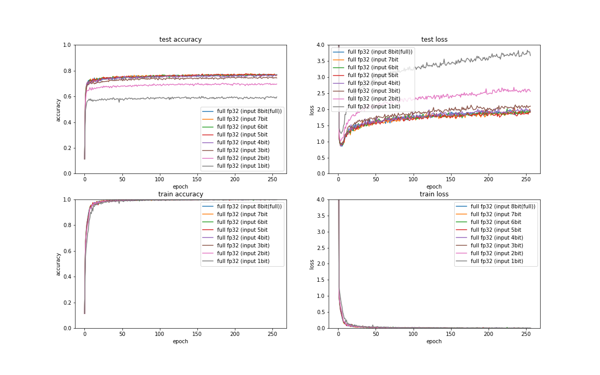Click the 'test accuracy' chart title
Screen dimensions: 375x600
point(180,40)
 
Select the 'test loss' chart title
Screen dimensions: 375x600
point(434,40)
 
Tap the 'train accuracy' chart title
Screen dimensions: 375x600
point(180,194)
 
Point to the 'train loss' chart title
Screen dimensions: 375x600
point(434,194)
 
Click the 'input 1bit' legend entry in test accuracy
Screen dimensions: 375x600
point(243,166)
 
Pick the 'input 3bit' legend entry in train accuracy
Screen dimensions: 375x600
point(243,245)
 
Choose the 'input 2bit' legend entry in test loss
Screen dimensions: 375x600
point(373,98)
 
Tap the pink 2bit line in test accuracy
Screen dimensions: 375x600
point(182,84)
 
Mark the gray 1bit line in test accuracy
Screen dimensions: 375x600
point(182,97)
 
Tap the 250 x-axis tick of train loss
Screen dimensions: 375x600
point(526,334)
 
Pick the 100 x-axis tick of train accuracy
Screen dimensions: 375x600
point(159,334)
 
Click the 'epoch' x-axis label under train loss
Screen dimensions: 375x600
point(434,342)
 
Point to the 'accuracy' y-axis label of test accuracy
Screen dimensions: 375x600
point(58,109)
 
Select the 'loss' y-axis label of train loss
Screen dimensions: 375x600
point(312,264)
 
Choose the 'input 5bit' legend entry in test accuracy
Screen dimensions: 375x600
point(243,134)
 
